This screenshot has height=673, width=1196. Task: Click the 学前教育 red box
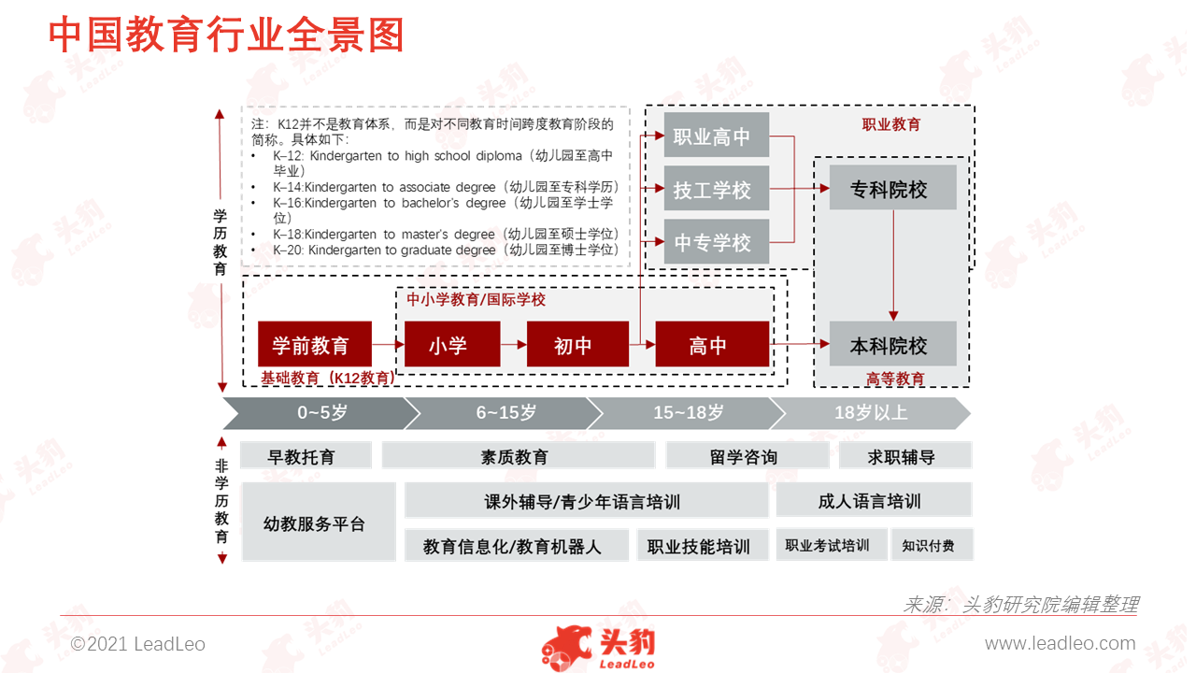[x=315, y=343]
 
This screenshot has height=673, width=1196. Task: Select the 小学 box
[x=452, y=343]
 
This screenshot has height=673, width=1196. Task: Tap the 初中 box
[x=577, y=343]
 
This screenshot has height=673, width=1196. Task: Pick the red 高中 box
[x=712, y=343]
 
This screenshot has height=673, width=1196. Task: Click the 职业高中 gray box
[x=717, y=135]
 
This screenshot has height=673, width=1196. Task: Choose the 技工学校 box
[x=717, y=188]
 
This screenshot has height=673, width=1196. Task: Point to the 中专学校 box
[x=717, y=241]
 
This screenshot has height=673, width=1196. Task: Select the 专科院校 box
[x=892, y=187]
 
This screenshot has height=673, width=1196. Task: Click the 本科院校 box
[x=892, y=343]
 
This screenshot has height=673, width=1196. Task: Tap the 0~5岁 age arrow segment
[x=320, y=413]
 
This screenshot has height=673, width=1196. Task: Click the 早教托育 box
[x=306, y=455]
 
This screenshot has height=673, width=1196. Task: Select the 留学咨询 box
[x=747, y=455]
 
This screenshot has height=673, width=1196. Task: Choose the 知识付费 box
[x=933, y=545]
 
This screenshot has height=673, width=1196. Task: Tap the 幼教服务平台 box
[x=319, y=522]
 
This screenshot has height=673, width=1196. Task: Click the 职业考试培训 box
[x=832, y=545]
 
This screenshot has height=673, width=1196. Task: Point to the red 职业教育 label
[x=891, y=124]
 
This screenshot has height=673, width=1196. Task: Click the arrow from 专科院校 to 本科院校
[x=893, y=265]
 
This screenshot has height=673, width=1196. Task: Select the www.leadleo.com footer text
[x=1060, y=644]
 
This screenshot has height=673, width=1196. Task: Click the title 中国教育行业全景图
[x=226, y=35]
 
